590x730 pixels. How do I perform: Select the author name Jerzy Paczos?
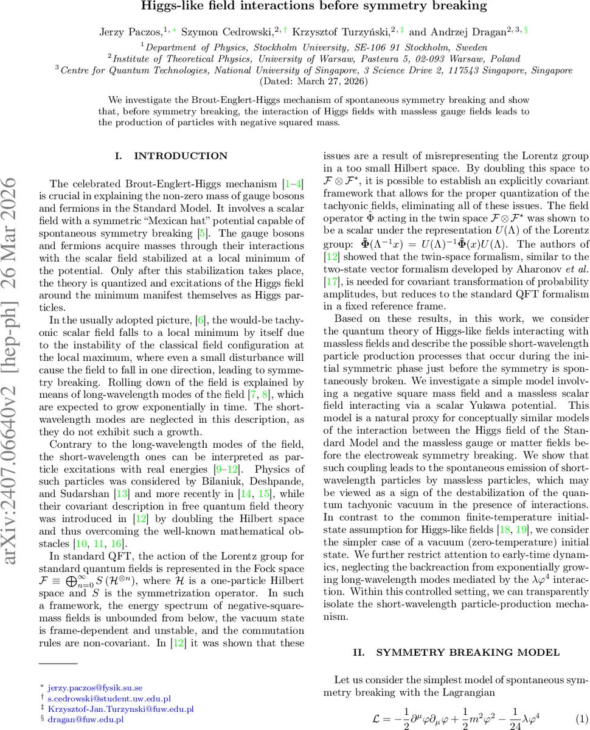click(x=125, y=32)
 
